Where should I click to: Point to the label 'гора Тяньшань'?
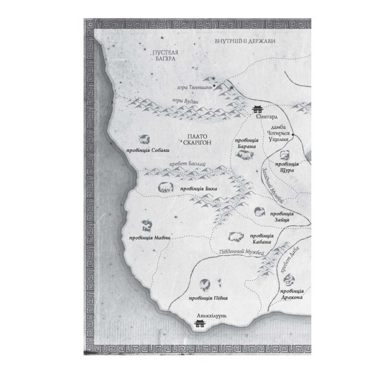tap(193, 88)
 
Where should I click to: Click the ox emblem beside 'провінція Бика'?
tap(163, 187)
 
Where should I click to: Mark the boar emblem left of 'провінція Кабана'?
tap(235, 238)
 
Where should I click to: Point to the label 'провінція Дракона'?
tap(293, 294)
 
